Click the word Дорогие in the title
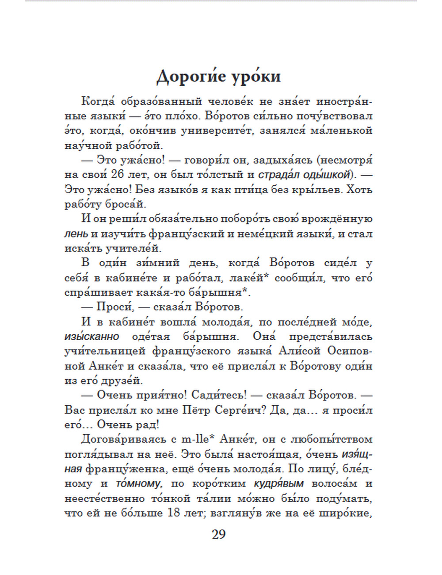[x=191, y=77]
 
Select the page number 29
[x=219, y=534]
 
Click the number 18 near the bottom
[x=175, y=513]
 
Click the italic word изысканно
[x=92, y=337]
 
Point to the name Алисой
[x=299, y=351]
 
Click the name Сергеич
[x=235, y=410]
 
